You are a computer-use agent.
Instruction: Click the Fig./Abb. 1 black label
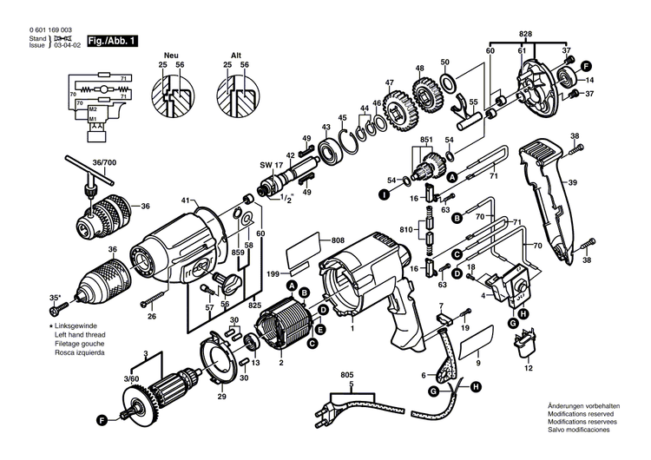click(111, 41)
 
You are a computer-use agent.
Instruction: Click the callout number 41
click(185, 201)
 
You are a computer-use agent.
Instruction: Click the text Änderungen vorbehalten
click(583, 406)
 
